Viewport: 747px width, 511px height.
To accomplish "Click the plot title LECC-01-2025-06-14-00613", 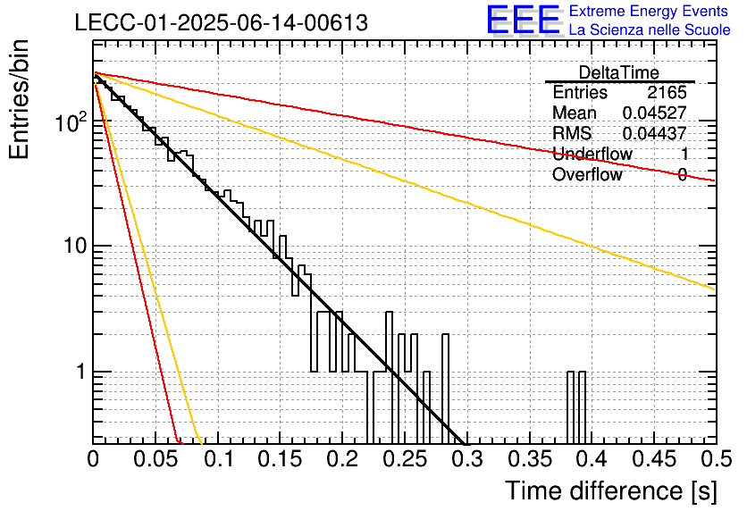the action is [x=222, y=22].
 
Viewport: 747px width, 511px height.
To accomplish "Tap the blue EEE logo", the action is [x=524, y=20].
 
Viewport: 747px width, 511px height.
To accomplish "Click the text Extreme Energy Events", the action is [x=649, y=11].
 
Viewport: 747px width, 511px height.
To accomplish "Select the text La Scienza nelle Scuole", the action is [x=650, y=30].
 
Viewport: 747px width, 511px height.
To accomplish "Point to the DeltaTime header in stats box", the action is [x=619, y=72].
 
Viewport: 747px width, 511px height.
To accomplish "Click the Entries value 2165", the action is [x=667, y=92].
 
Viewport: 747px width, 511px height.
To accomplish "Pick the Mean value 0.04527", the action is [x=655, y=113].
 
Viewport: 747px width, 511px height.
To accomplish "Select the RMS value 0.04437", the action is [x=655, y=133].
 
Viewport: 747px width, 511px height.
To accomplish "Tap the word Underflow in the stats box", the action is [x=592, y=154].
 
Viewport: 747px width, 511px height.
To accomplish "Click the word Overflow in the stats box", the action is [x=587, y=174].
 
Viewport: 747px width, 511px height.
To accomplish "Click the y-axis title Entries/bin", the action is [x=19, y=99].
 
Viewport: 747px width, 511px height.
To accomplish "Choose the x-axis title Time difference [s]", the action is [x=611, y=491].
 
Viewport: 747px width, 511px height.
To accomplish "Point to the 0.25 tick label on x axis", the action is [x=406, y=459].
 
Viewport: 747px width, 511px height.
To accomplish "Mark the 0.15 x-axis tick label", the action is [x=281, y=459].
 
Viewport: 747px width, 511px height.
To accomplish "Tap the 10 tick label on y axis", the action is [x=75, y=247].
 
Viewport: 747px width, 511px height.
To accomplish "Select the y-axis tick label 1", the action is [x=80, y=372].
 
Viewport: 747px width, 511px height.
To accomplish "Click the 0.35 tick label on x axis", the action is [x=530, y=459].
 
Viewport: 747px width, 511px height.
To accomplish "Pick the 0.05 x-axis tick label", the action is [x=155, y=459].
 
